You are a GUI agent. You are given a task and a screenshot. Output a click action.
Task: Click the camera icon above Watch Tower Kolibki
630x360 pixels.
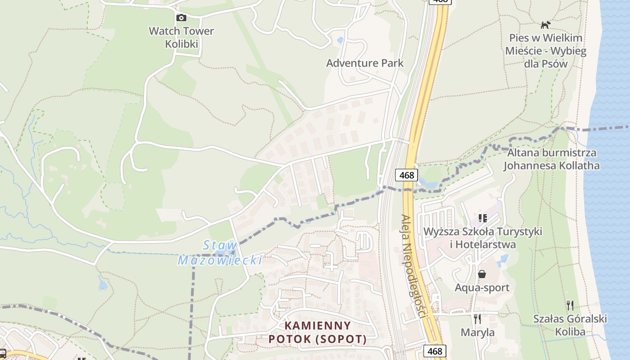(181, 18)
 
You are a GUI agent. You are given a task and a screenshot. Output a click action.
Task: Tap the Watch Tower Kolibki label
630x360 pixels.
(181, 37)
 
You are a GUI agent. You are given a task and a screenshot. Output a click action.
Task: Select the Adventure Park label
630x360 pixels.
(364, 63)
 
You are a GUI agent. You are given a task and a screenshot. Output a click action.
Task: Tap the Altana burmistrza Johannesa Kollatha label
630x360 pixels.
(551, 159)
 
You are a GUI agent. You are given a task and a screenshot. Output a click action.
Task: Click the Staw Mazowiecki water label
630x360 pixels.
(220, 252)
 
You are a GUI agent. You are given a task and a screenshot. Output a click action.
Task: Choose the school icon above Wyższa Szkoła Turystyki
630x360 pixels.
(483, 219)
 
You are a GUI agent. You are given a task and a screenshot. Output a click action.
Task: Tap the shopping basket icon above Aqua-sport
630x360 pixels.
(482, 274)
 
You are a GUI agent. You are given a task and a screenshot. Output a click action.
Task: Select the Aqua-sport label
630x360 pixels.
(482, 287)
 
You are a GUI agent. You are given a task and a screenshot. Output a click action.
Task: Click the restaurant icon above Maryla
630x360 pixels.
(477, 319)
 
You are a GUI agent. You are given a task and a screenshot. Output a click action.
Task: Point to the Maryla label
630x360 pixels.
(477, 333)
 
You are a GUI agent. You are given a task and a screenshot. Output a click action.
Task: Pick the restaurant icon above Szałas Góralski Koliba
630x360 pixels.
(570, 306)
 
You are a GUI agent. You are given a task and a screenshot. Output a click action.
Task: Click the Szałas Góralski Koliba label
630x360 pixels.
(570, 325)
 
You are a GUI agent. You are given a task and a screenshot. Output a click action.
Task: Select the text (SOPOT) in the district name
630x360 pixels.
(343, 338)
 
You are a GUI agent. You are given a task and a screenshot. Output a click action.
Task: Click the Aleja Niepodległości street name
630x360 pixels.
(413, 265)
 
